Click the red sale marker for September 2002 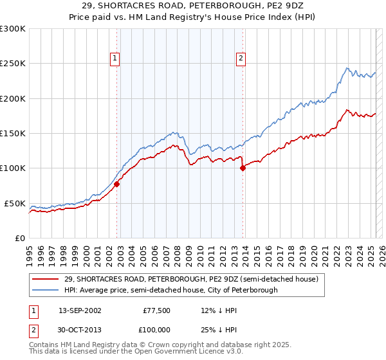pos(117,184)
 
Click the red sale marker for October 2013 pos(243,168)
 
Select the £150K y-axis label pos(13,134)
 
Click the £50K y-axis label pos(15,203)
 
